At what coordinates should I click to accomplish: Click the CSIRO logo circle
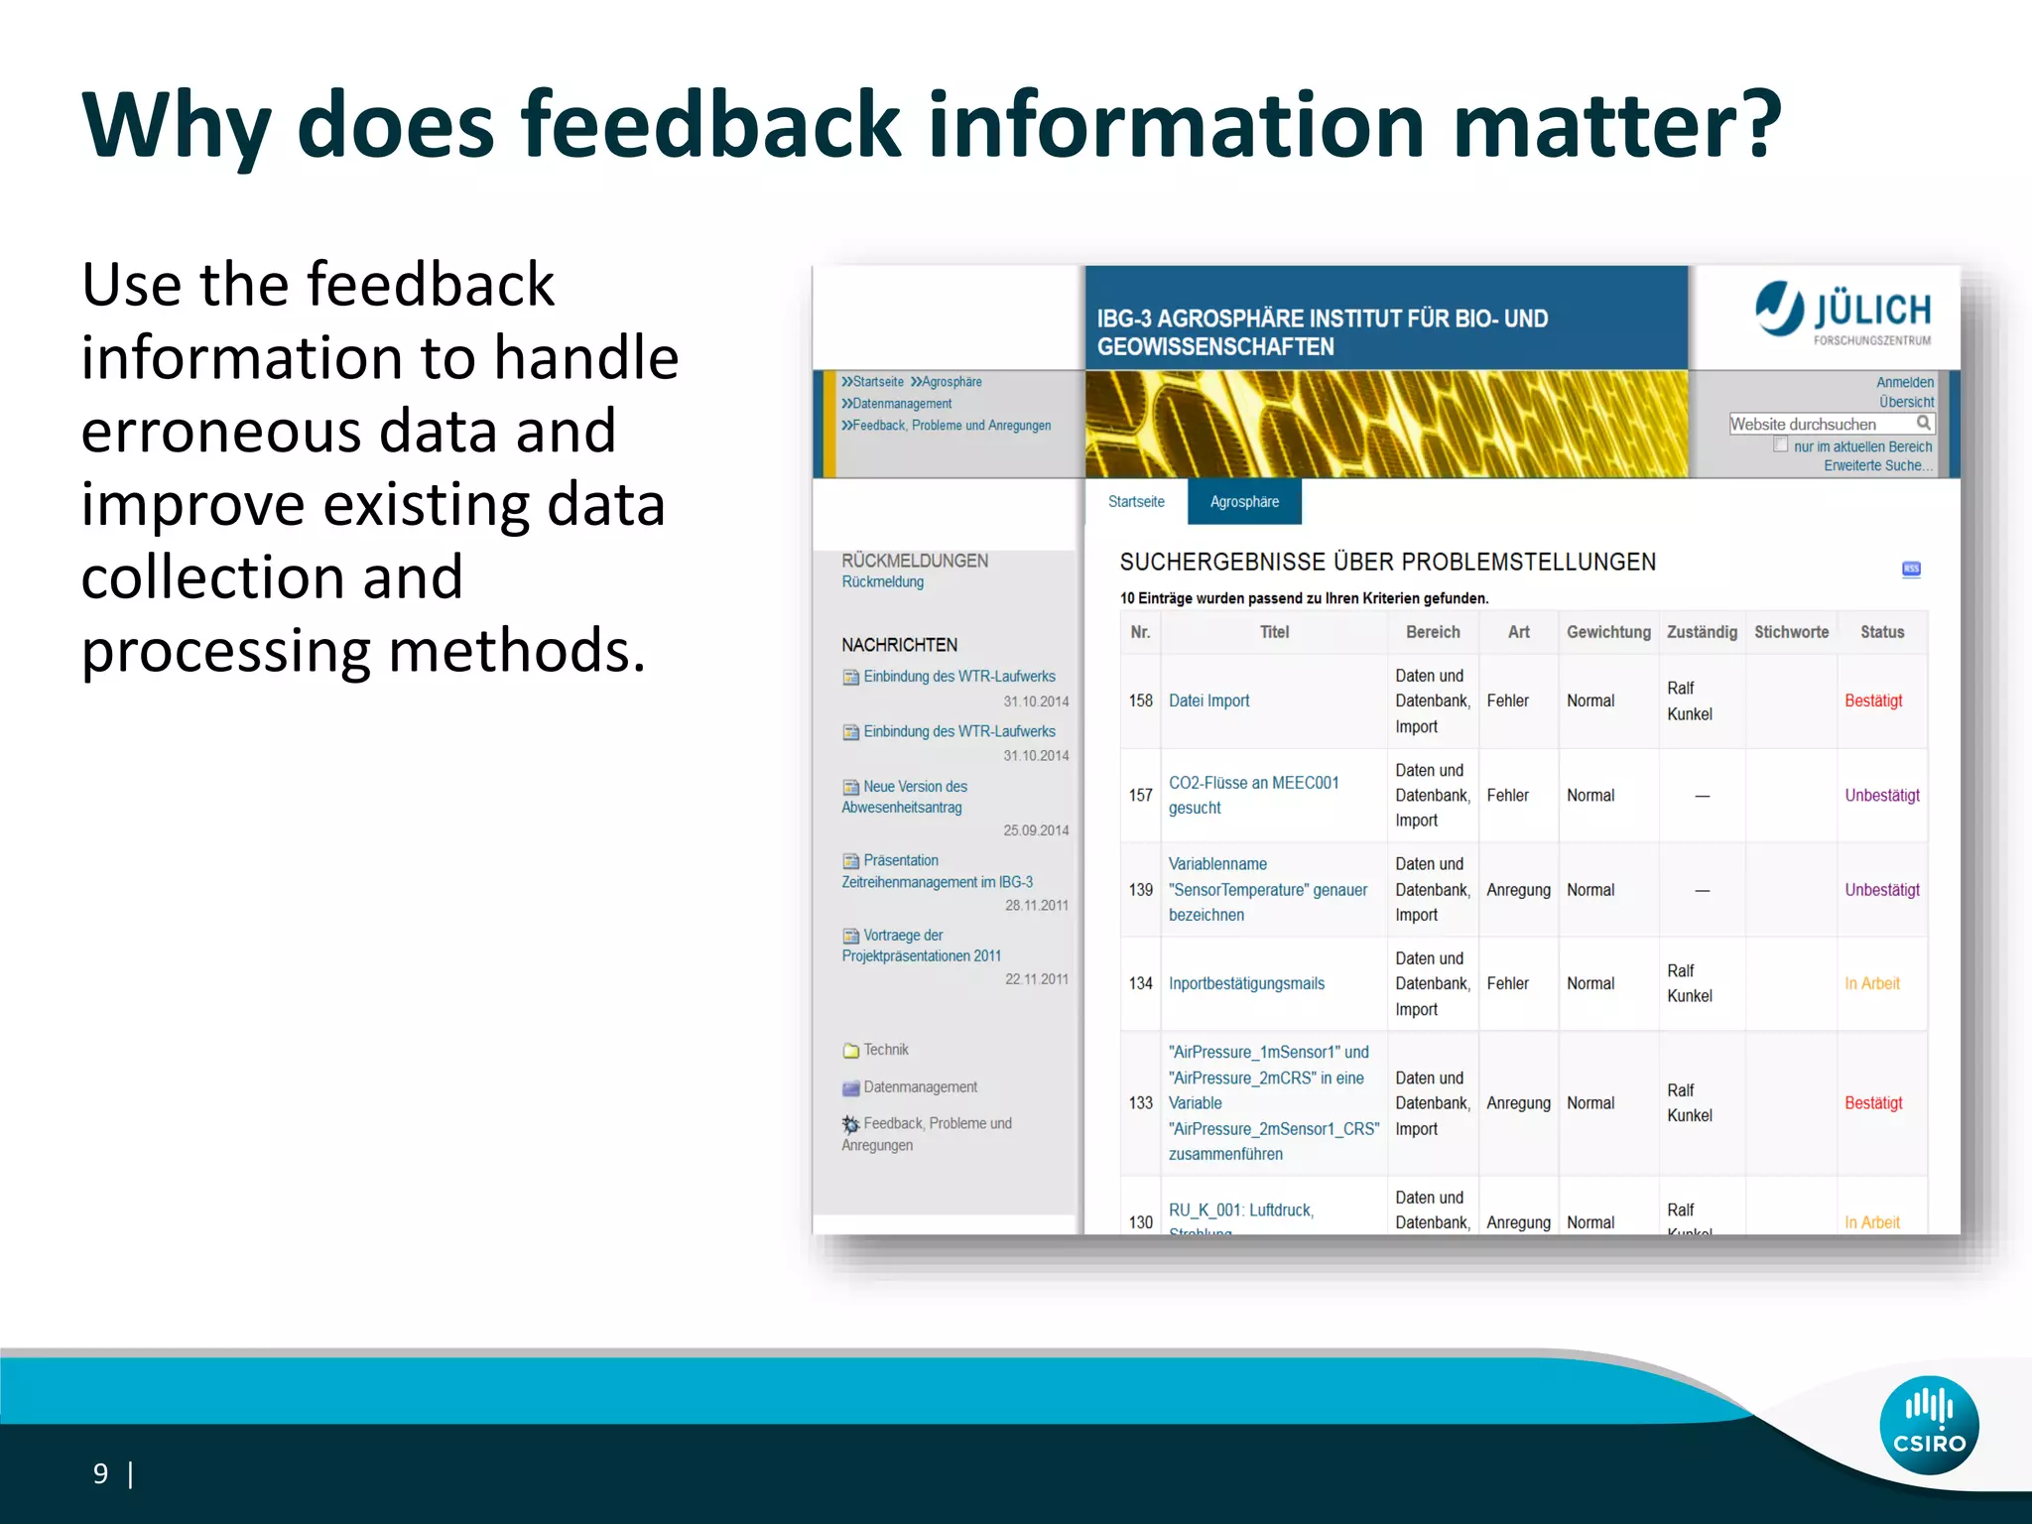[1928, 1425]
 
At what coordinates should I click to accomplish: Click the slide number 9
[100, 1473]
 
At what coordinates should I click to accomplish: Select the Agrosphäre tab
[1243, 502]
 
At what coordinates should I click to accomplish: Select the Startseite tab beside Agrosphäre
[1136, 502]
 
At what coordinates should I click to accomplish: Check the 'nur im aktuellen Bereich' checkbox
[1781, 445]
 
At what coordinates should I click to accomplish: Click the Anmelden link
[1904, 382]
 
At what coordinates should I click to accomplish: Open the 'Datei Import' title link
[1208, 700]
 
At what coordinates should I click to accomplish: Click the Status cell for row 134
[1871, 983]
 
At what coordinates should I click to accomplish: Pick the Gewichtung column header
[1607, 632]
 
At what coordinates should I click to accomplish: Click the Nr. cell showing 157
[1140, 795]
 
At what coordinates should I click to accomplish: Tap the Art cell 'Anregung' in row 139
[1517, 890]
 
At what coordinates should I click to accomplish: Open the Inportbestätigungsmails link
[1246, 983]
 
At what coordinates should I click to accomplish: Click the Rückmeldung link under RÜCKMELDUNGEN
[882, 582]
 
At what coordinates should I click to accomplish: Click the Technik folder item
[884, 1050]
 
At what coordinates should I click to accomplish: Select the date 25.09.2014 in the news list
[1035, 830]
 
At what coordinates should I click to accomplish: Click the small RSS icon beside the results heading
[1911, 569]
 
